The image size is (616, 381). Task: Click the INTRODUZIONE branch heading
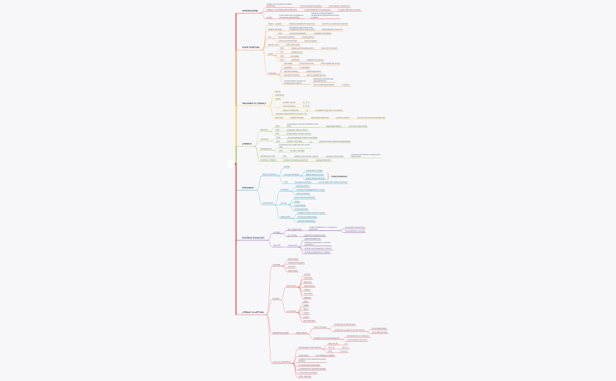pyautogui.click(x=249, y=11)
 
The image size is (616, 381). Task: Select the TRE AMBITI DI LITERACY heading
pyautogui.click(x=253, y=103)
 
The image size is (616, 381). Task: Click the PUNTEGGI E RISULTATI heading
pyautogui.click(x=254, y=237)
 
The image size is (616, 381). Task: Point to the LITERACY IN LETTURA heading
pyautogui.click(x=253, y=312)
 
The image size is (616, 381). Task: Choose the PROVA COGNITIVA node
pyautogui.click(x=269, y=174)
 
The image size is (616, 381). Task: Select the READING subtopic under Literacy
pyautogui.click(x=264, y=130)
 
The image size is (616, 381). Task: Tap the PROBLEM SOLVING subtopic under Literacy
pyautogui.click(x=268, y=156)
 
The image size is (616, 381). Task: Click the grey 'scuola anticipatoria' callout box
pyautogui.click(x=339, y=176)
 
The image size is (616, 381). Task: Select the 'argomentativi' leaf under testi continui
pyautogui.click(x=309, y=285)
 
